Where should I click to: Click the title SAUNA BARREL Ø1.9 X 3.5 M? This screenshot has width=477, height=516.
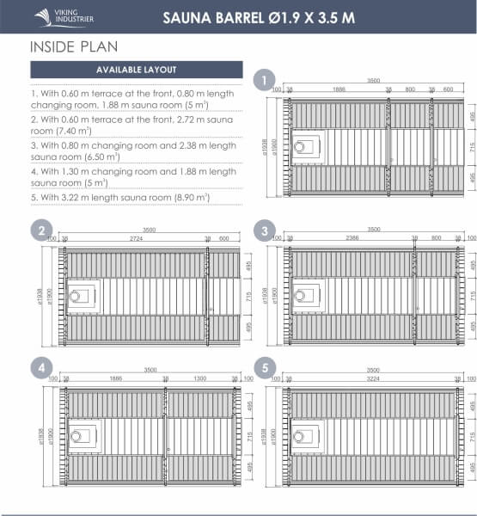258,16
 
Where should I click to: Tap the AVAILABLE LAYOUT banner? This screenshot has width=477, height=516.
137,70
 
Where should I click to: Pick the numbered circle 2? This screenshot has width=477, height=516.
40,230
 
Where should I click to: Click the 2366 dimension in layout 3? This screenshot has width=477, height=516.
352,238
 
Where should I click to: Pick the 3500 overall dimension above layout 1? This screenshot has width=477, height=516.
372,80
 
